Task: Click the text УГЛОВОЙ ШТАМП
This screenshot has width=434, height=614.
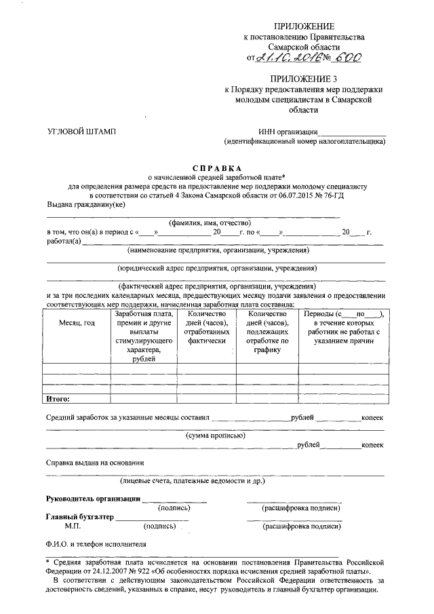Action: [81, 132]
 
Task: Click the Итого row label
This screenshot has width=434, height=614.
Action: [57, 399]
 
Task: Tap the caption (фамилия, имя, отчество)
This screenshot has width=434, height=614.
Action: [210, 223]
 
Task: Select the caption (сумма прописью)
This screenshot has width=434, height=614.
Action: [216, 436]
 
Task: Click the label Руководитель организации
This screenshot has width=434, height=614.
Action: [93, 499]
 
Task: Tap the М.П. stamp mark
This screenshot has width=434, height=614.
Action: [73, 526]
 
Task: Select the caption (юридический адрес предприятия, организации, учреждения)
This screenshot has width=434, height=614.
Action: [216, 268]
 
